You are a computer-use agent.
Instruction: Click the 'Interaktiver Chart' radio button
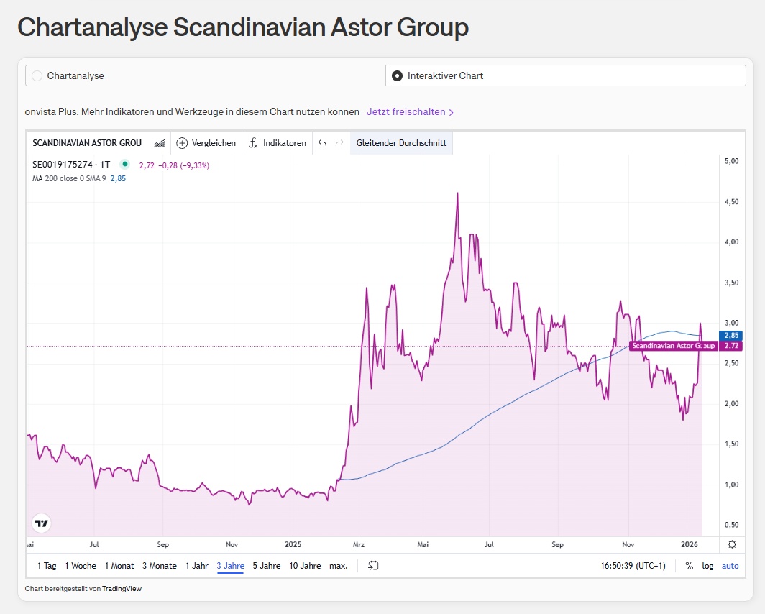click(397, 75)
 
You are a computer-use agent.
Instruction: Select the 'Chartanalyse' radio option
click(37, 75)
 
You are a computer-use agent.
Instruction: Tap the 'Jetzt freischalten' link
click(410, 112)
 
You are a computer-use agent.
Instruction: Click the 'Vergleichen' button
click(206, 143)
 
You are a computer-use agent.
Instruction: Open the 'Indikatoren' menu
click(278, 143)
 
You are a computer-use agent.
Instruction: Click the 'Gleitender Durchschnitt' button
click(401, 143)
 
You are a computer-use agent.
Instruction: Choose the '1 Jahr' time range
click(197, 566)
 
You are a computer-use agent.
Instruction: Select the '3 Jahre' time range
click(230, 566)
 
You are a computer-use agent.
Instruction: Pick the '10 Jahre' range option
click(305, 566)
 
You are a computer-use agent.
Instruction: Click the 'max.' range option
click(338, 566)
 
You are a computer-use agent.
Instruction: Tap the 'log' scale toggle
click(708, 566)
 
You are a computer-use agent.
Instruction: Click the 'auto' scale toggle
click(730, 566)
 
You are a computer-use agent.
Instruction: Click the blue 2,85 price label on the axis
click(730, 336)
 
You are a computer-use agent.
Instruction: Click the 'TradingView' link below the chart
click(122, 589)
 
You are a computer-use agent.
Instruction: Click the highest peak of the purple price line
click(458, 193)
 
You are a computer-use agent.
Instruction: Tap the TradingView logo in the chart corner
click(42, 523)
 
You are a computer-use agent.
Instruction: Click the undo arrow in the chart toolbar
click(322, 143)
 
